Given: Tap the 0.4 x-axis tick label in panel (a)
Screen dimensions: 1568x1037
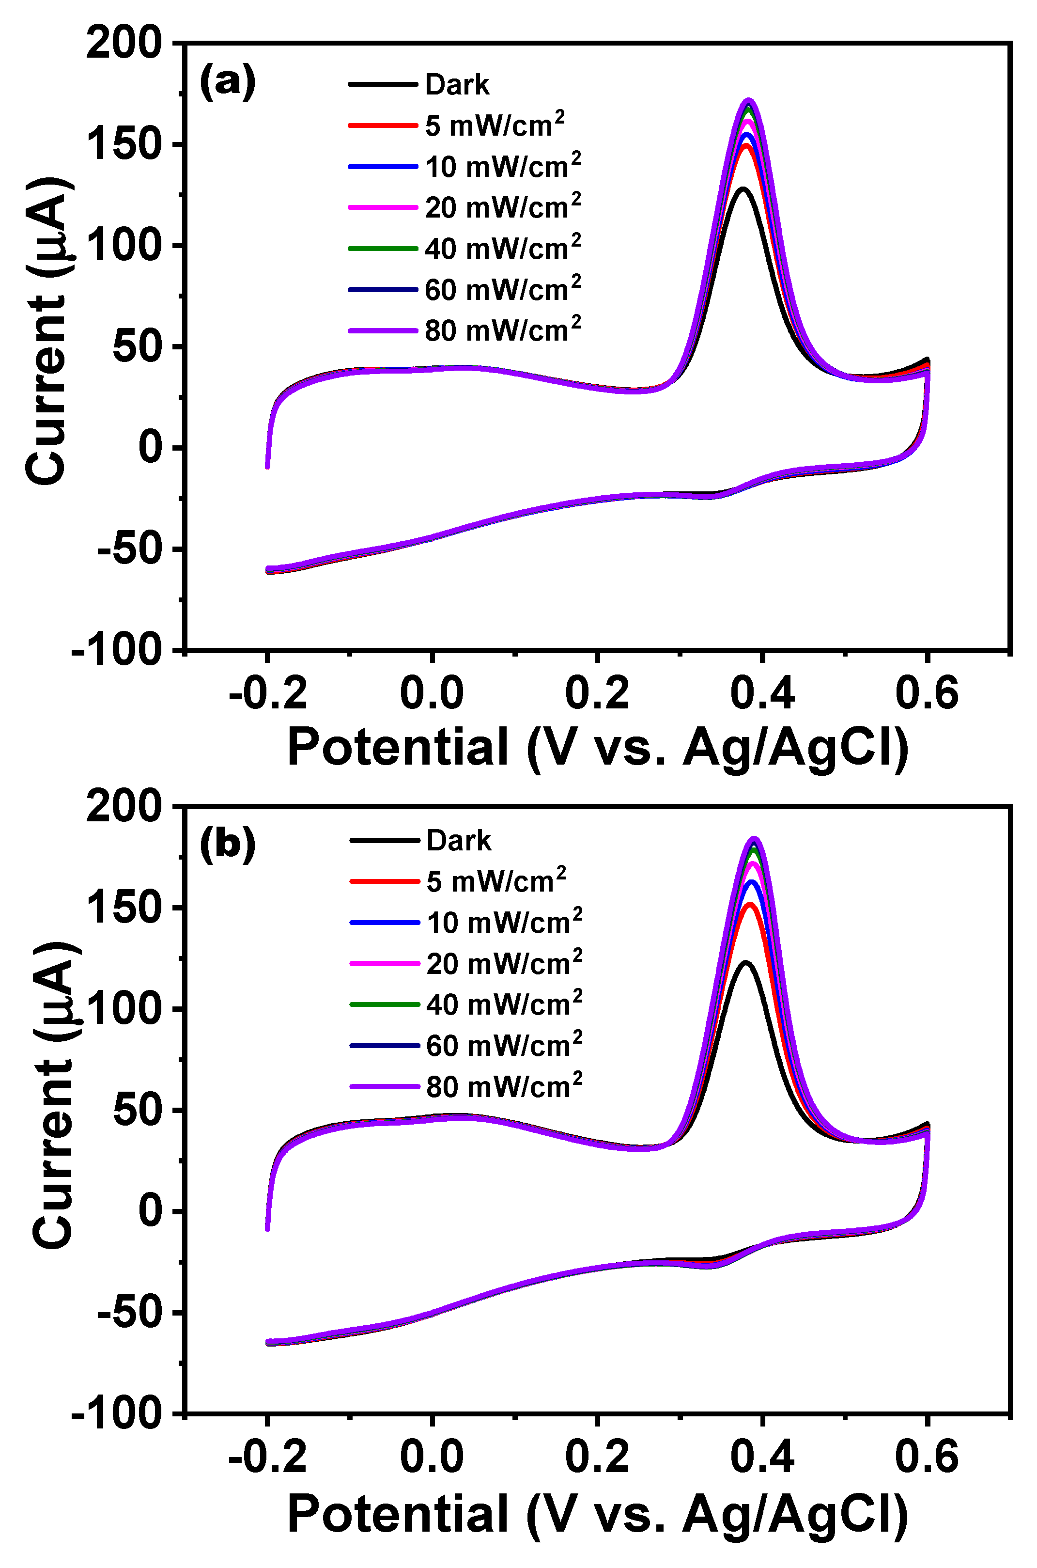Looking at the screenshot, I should (x=762, y=694).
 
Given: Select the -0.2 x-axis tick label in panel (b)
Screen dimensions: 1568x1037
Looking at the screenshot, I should (x=268, y=1458).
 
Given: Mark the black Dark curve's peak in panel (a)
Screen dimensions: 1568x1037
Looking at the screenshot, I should (x=743, y=189).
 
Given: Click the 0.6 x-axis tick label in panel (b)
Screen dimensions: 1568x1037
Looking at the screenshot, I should (x=927, y=1458).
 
